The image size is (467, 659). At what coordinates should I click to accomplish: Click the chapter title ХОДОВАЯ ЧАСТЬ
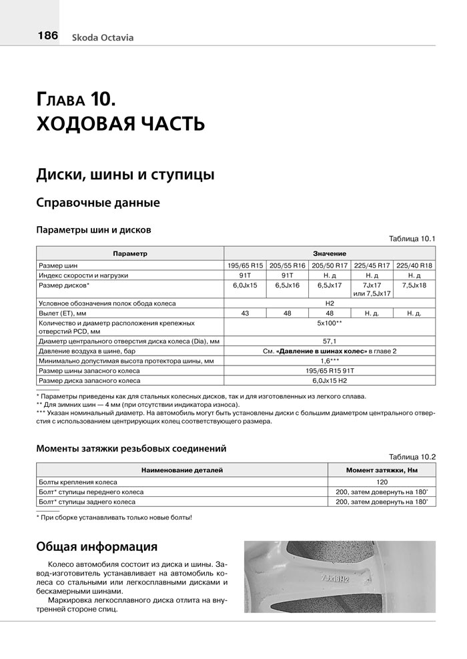pyautogui.click(x=120, y=124)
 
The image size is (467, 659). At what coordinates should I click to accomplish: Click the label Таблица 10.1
pyautogui.click(x=411, y=239)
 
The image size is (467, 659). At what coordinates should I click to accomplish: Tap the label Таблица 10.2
pyautogui.click(x=411, y=457)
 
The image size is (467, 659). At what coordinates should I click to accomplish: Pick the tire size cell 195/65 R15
pyautogui.click(x=246, y=265)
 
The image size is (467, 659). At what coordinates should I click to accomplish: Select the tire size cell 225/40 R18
pyautogui.click(x=414, y=265)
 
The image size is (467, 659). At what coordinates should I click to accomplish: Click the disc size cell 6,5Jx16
pyautogui.click(x=288, y=285)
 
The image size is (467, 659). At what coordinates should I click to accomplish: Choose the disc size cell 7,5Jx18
pyautogui.click(x=414, y=285)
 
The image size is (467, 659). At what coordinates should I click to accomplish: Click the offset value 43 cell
pyautogui.click(x=246, y=313)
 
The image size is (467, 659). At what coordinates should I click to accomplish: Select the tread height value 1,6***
pyautogui.click(x=330, y=361)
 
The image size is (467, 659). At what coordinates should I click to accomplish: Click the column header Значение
pyautogui.click(x=330, y=254)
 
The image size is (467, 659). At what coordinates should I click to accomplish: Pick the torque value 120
pyautogui.click(x=382, y=482)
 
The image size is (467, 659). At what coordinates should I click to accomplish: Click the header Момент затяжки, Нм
pyautogui.click(x=382, y=470)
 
